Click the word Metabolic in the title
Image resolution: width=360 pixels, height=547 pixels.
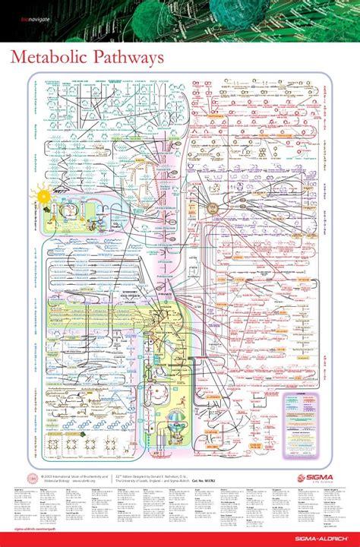click(45, 58)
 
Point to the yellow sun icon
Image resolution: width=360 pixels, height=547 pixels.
click(45, 195)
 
